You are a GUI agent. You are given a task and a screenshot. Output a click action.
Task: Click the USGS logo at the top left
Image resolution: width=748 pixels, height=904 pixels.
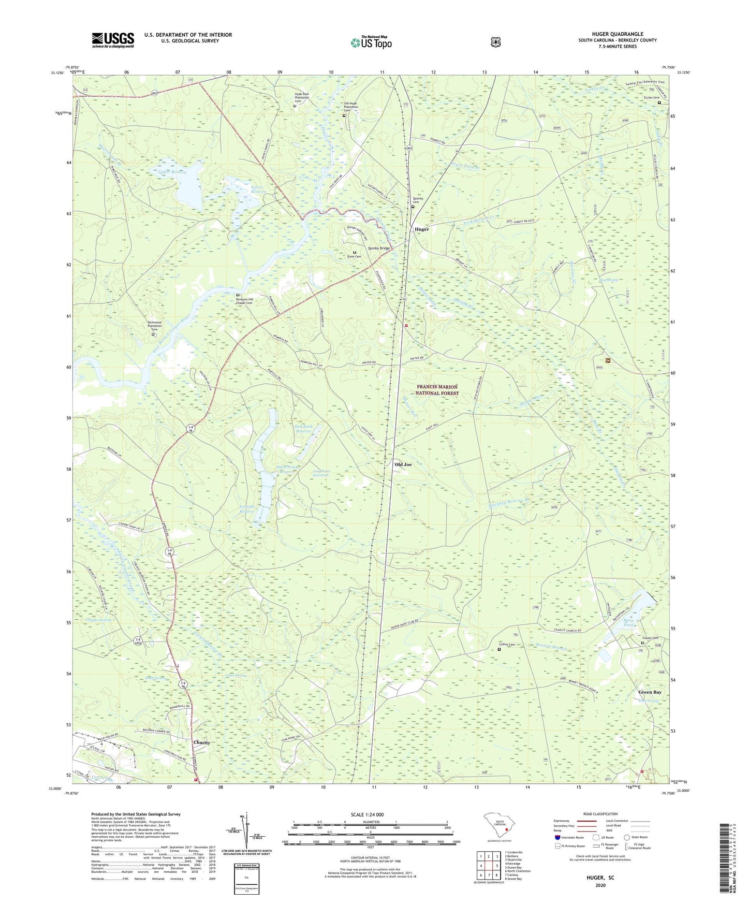click(x=113, y=40)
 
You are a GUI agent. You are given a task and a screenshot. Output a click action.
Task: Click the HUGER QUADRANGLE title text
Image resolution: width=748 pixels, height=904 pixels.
click(x=618, y=34)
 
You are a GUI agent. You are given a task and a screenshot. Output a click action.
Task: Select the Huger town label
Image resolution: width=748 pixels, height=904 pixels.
click(x=421, y=229)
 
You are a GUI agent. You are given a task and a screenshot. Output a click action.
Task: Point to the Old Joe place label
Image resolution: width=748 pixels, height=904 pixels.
click(x=403, y=464)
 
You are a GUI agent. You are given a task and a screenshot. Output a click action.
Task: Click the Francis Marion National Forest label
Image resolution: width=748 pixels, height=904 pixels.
click(x=437, y=390)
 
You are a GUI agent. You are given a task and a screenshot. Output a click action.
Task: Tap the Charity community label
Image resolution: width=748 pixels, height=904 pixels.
click(x=202, y=742)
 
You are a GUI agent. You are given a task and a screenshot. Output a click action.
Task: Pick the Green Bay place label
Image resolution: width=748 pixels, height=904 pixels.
click(x=650, y=692)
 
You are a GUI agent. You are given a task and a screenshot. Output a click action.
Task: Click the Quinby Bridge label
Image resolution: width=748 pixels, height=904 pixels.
click(x=379, y=249)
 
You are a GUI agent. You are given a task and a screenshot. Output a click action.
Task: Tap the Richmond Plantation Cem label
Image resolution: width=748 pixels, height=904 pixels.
click(x=155, y=326)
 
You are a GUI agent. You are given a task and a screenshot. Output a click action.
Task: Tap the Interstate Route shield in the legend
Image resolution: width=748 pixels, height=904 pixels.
click(x=558, y=837)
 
